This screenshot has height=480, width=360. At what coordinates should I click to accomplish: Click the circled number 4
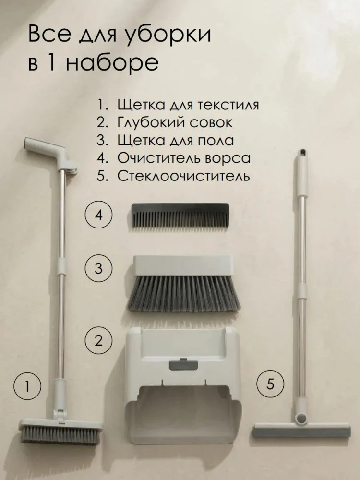(x=98, y=216)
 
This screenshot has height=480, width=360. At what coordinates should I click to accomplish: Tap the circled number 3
(x=98, y=268)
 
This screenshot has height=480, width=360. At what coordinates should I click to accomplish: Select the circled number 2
(x=98, y=340)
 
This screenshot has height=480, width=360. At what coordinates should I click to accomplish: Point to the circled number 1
(x=27, y=386)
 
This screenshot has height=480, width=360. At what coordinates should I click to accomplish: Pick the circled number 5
(x=270, y=384)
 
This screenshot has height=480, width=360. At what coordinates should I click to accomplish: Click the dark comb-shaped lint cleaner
(x=180, y=214)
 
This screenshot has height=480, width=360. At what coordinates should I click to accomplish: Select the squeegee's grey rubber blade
(x=301, y=433)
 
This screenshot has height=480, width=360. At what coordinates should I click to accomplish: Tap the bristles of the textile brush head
(x=61, y=435)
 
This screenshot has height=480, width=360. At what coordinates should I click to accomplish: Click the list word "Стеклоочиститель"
(x=184, y=176)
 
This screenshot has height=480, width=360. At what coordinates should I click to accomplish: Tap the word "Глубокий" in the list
(x=151, y=123)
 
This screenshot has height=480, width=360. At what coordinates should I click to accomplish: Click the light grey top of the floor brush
(x=183, y=265)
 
